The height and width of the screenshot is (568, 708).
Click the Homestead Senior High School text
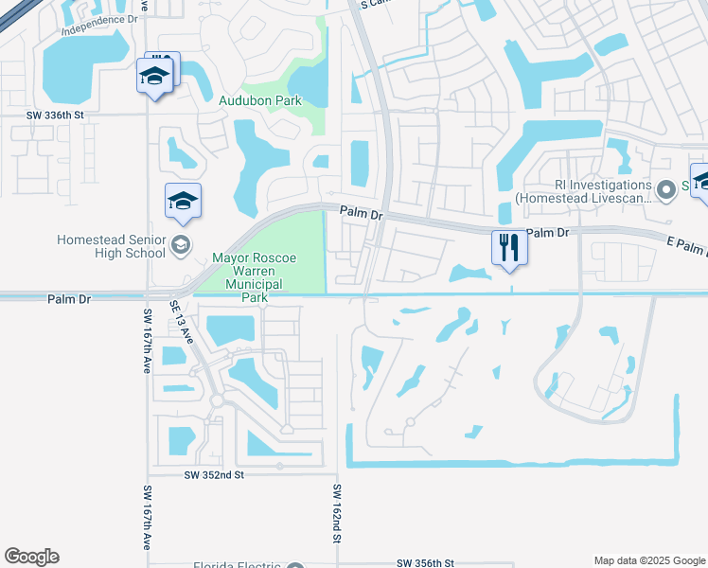pos(111,247)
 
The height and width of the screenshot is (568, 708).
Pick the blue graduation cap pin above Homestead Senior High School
pos(183,201)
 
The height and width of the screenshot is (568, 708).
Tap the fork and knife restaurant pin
pos(509,248)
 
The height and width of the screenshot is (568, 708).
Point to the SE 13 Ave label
pos(182,322)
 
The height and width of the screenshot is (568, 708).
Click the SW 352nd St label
pos(213,474)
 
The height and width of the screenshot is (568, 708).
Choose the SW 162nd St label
pos(336,513)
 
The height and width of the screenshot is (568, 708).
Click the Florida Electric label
pos(237,564)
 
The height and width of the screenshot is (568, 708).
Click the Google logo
pos(31,557)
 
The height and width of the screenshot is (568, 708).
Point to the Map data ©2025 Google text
pos(648,560)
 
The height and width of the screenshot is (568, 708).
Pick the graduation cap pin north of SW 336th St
pos(154,76)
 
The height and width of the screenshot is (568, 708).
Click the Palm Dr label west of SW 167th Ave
pos(69,298)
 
